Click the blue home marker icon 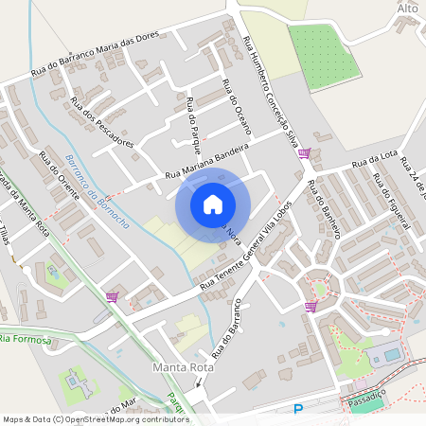click(x=213, y=204)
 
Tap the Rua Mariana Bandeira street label click(x=206, y=162)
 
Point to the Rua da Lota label click(x=374, y=163)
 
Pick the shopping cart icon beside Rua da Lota click(x=304, y=152)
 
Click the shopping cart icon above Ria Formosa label click(x=113, y=296)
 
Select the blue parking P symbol click(x=298, y=410)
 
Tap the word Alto click(x=407, y=8)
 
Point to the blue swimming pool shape click(x=390, y=354)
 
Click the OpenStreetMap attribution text click(x=95, y=418)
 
